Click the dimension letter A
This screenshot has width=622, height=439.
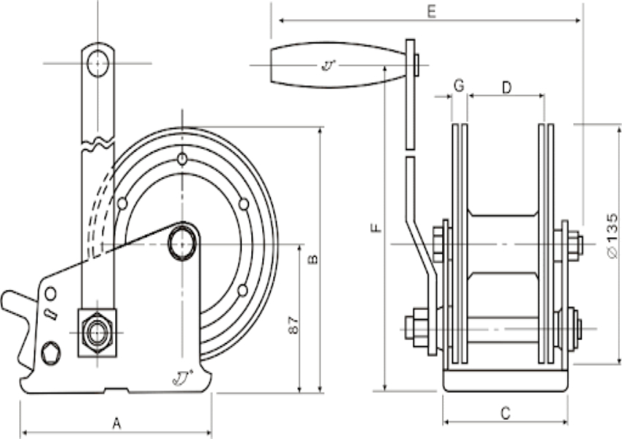(x=116, y=422)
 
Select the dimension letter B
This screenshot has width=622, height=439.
(x=312, y=259)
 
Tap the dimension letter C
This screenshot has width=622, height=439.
(x=505, y=413)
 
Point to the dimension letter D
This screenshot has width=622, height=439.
(x=506, y=87)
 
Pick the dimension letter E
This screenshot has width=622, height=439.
(x=431, y=12)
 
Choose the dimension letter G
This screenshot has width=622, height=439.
(x=458, y=86)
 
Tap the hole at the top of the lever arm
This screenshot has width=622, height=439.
(x=97, y=63)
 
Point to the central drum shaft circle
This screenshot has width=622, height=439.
(x=181, y=243)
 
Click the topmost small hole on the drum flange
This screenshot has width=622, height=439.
(x=181, y=160)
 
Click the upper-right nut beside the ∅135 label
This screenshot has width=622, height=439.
(x=574, y=244)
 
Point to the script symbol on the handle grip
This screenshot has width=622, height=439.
(x=329, y=66)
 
